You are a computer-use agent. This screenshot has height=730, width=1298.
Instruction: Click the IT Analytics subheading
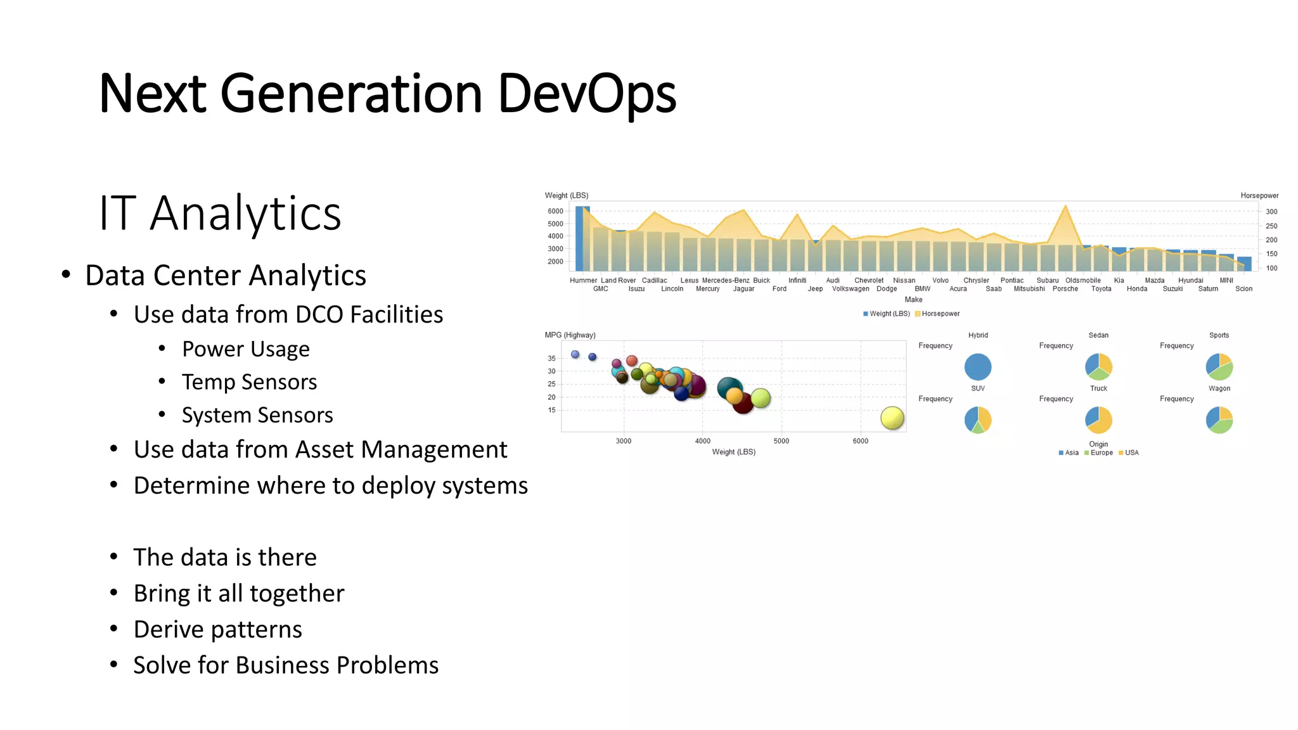tap(220, 214)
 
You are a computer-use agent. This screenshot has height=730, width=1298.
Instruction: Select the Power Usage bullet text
tap(245, 349)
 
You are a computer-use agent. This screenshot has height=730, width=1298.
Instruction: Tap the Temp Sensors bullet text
tap(249, 382)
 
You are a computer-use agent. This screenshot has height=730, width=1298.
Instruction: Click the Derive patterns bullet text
tap(217, 630)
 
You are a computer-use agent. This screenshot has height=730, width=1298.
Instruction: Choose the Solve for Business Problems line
tap(285, 665)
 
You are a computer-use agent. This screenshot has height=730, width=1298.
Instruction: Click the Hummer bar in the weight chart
tap(581, 239)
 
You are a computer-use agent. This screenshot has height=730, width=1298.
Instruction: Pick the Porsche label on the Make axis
tap(1065, 289)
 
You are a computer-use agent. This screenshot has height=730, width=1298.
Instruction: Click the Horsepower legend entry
tap(940, 314)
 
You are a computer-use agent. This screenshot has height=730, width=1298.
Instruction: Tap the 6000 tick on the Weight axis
tap(555, 211)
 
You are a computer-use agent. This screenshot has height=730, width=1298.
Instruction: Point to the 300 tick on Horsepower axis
tap(1271, 212)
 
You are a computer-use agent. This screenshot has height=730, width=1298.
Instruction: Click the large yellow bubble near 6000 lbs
tap(892, 418)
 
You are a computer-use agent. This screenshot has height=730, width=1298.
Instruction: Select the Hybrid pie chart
tap(977, 367)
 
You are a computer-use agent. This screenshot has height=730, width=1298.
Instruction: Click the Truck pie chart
tap(1098, 419)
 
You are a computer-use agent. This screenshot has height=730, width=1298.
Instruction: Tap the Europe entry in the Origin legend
tap(1101, 453)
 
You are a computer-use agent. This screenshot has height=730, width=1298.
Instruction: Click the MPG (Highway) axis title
tap(570, 335)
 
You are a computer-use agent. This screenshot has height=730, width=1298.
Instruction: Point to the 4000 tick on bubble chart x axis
tap(702, 441)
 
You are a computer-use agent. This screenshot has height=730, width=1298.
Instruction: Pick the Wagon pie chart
tap(1219, 419)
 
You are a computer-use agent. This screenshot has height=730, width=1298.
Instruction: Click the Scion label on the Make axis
tap(1243, 289)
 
